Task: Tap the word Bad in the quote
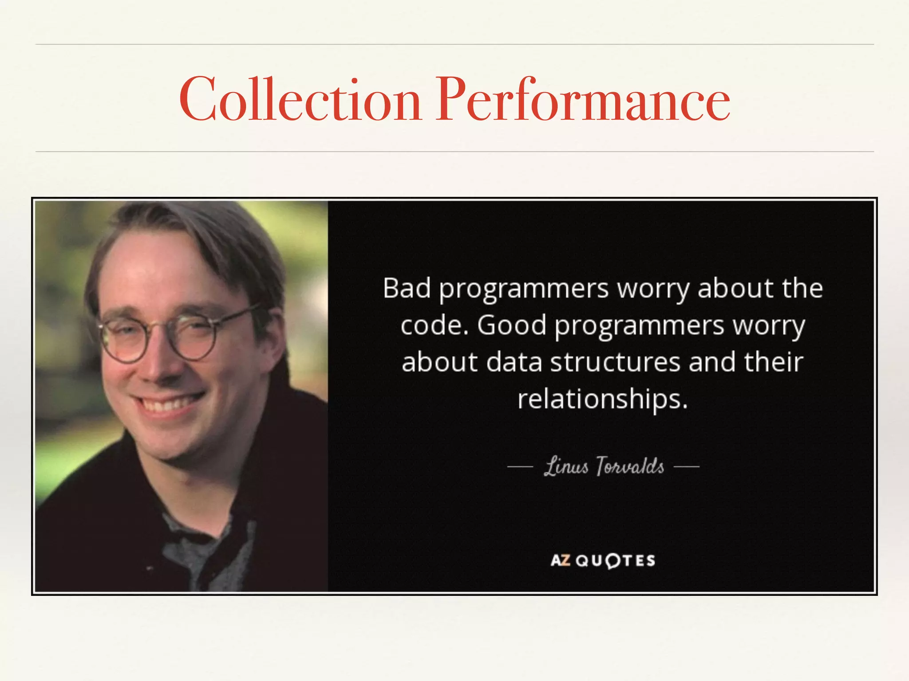[407, 289]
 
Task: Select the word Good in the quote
[511, 325]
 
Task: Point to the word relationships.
[602, 399]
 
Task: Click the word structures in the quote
[615, 362]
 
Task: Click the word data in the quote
[514, 362]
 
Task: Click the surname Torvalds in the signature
[630, 466]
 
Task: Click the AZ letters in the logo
[560, 560]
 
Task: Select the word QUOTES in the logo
[615, 561]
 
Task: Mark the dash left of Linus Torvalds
[520, 466]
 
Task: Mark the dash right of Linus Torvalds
[686, 466]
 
